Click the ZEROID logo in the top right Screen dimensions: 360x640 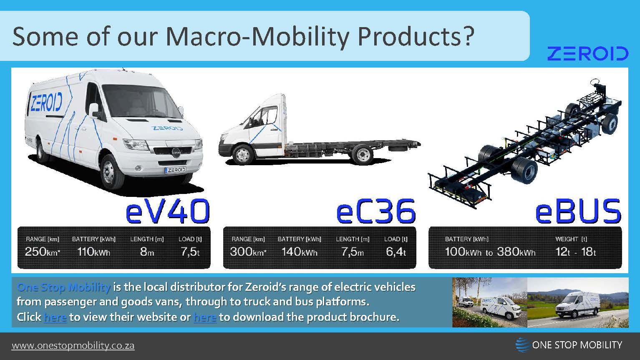coord(587,54)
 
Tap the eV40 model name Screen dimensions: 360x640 coord(167,211)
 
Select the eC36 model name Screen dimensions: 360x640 coord(375,211)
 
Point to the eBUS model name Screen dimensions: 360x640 coord(578,211)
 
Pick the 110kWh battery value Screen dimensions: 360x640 coord(93,252)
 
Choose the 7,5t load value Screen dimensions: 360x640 coord(190,252)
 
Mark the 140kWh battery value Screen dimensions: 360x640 coord(299,252)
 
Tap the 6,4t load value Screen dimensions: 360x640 coord(396,252)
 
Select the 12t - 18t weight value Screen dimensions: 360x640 coord(575,252)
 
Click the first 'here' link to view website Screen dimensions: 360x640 coord(55,317)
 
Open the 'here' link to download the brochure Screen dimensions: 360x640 coord(205,317)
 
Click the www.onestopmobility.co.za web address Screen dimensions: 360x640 coord(73,346)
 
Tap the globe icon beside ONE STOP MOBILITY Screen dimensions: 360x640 coord(522,345)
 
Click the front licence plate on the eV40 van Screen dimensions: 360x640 coord(175,170)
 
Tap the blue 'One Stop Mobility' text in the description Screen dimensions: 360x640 coord(63,287)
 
